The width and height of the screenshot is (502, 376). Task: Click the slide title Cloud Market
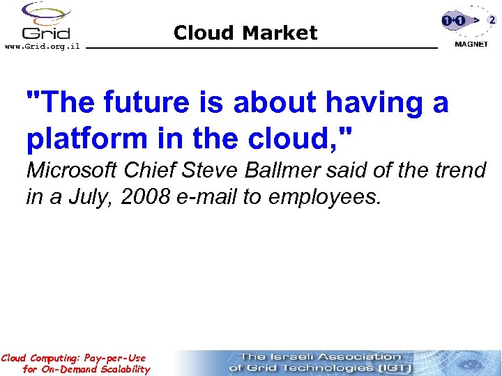coord(245,33)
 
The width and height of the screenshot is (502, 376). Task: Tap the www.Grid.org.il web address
coord(42,47)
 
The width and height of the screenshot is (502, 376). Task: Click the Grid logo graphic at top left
coord(45,21)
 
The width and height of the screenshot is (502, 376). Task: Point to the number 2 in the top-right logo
coord(492,20)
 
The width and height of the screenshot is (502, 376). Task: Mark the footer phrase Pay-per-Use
coord(114,358)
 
